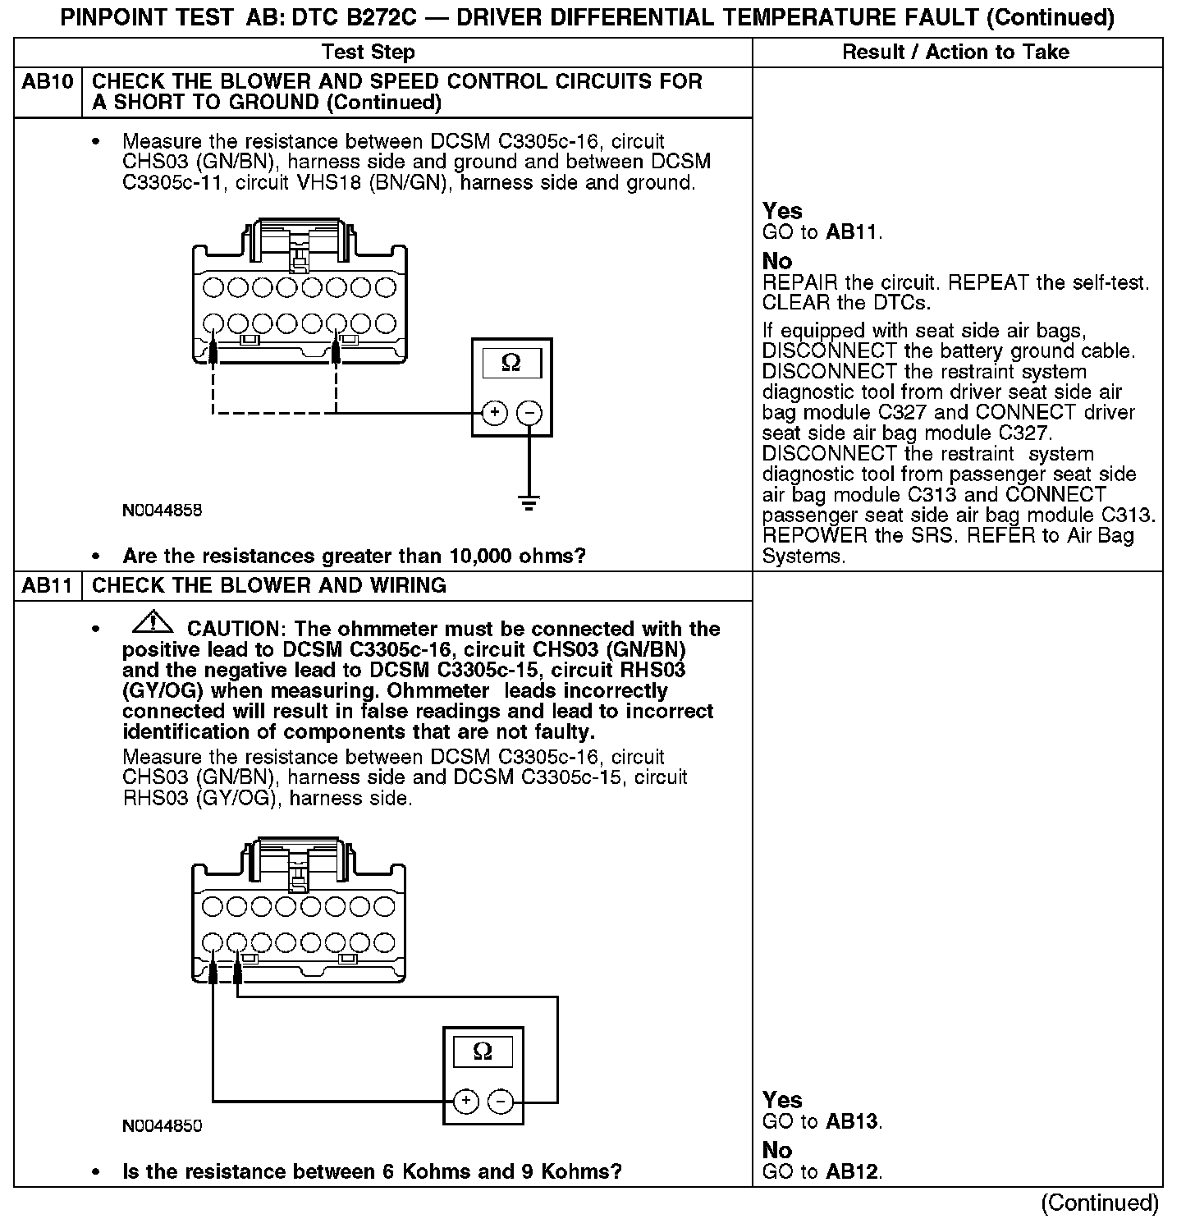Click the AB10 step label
pyautogui.click(x=48, y=82)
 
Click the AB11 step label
pyautogui.click(x=48, y=585)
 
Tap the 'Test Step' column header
pyautogui.click(x=369, y=53)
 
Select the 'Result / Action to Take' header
pyautogui.click(x=956, y=53)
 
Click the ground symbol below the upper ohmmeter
pyautogui.click(x=529, y=503)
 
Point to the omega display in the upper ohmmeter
pyautogui.click(x=511, y=363)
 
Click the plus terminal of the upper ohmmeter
pyautogui.click(x=494, y=412)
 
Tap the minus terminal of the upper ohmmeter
pyautogui.click(x=530, y=412)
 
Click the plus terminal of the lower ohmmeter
pyautogui.click(x=465, y=1101)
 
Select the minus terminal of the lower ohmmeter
pyautogui.click(x=501, y=1101)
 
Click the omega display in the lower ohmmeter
pyautogui.click(x=483, y=1052)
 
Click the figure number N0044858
pyautogui.click(x=162, y=510)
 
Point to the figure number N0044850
pyautogui.click(x=162, y=1125)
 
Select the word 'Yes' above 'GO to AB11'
pyautogui.click(x=782, y=211)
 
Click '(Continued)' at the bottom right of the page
pyautogui.click(x=1099, y=1203)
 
